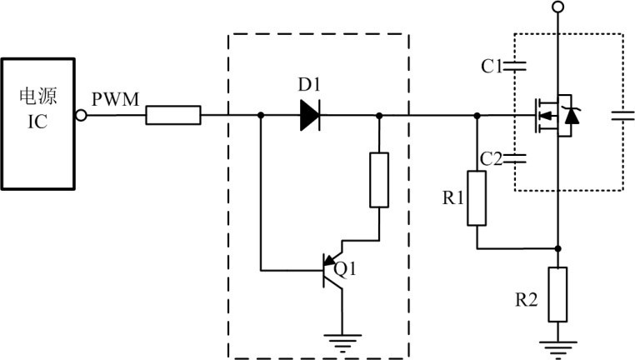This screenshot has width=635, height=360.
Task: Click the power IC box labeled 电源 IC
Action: (37, 122)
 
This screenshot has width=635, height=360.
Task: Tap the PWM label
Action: (115, 99)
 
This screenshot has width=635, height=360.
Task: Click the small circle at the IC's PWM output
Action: (81, 115)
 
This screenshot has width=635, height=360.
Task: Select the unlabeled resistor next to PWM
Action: (173, 115)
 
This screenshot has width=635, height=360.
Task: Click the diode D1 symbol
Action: (310, 115)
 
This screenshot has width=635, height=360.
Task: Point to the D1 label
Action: (310, 85)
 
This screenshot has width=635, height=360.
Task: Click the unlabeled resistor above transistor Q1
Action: (379, 179)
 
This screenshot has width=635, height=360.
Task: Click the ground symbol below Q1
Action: (342, 338)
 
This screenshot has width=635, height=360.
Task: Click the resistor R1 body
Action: (477, 198)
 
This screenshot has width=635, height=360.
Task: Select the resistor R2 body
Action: (558, 294)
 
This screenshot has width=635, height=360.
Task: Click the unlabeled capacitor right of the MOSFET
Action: (622, 116)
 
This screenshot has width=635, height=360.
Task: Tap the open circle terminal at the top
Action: (558, 7)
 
